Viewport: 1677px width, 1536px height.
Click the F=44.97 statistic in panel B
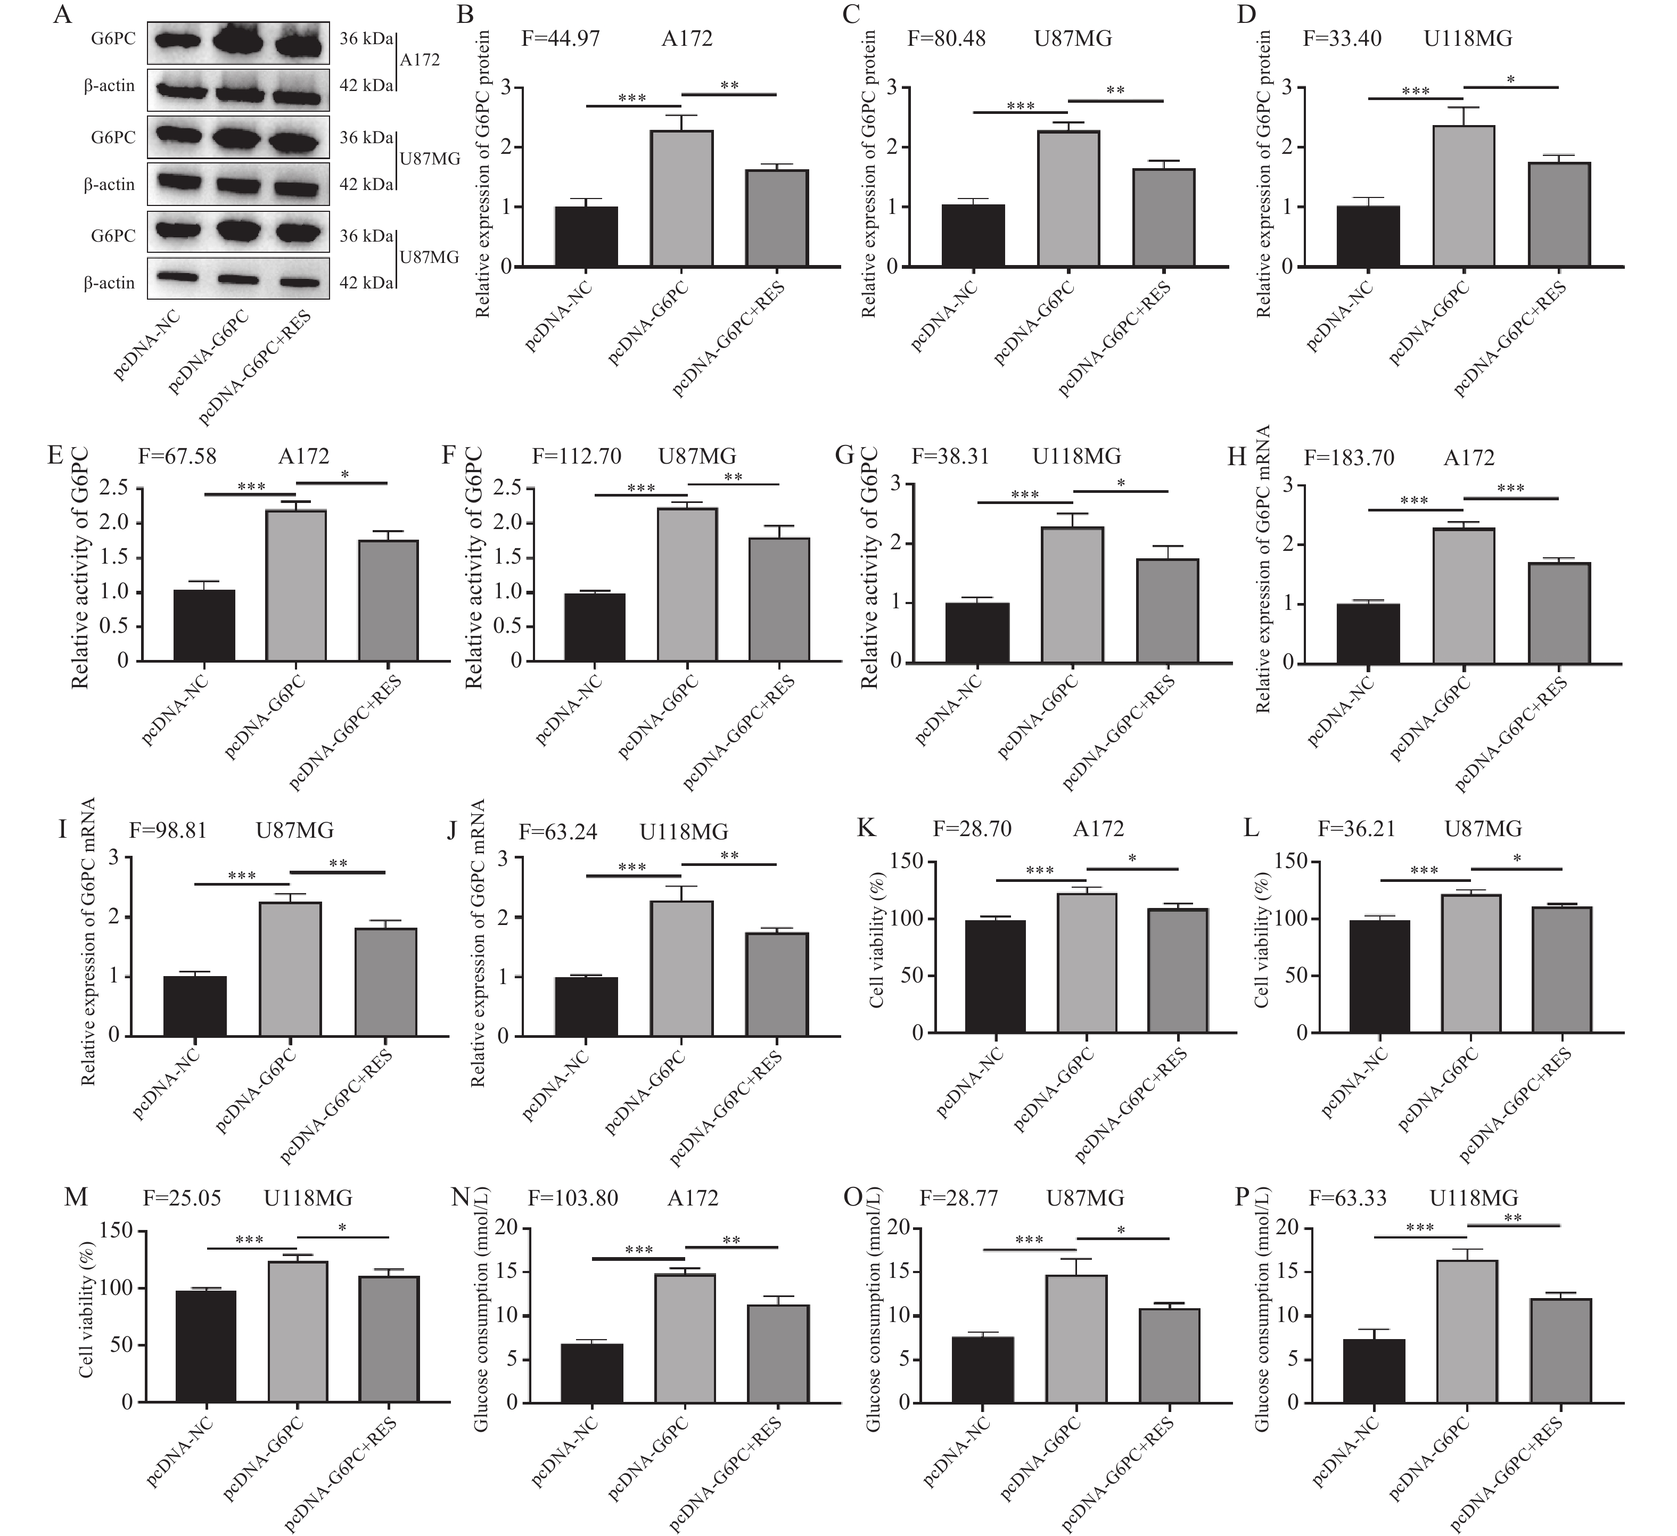(x=561, y=39)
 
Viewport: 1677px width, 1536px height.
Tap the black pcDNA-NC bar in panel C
(x=973, y=235)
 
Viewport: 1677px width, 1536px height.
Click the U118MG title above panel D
(x=1468, y=39)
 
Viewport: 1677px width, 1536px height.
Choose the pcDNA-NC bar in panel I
(x=195, y=1006)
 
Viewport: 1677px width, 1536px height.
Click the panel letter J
(x=453, y=831)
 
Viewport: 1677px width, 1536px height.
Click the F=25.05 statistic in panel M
(x=182, y=1199)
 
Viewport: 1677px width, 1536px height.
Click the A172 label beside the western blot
(x=420, y=61)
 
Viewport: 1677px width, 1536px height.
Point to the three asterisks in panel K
(x=1040, y=871)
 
